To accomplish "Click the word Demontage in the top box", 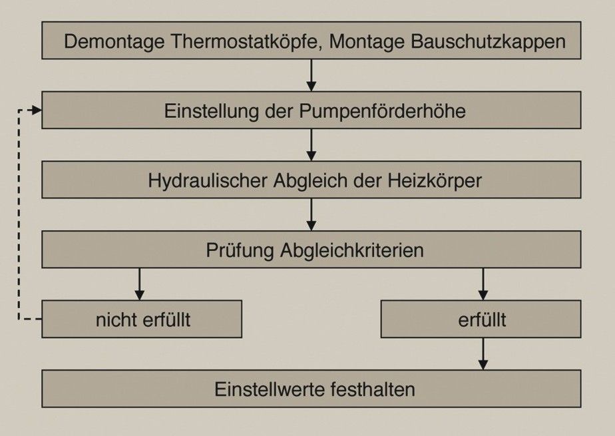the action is coord(114,42).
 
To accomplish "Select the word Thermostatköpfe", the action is coord(246,41).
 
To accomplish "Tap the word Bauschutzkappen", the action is coord(488,41).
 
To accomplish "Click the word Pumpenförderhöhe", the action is coord(383,111).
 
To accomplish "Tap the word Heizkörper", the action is coord(435,181).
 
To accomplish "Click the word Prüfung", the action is coord(240,250).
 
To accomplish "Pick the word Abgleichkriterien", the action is coord(352,250).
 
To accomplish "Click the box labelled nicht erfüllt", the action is coord(142,319).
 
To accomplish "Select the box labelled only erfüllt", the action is coord(481,319).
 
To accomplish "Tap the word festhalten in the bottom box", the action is coord(373,389).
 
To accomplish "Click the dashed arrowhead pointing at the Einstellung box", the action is coord(37,110).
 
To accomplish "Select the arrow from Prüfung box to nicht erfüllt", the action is coord(140,284).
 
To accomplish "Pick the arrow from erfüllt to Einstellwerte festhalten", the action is coord(483,354).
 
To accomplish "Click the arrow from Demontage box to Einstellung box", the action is coord(311,75).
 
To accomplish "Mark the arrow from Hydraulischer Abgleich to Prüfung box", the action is coord(311,214).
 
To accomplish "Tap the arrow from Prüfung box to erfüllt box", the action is coord(483,284).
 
